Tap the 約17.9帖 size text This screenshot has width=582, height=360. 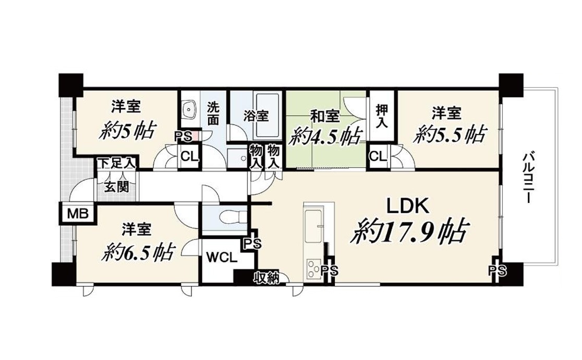pyautogui.click(x=409, y=232)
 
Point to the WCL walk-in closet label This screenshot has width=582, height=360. pyautogui.click(x=221, y=257)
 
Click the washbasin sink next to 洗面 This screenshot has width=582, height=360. pyautogui.click(x=190, y=109)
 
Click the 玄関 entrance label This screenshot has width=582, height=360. pyautogui.click(x=116, y=187)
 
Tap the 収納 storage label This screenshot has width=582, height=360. pyautogui.click(x=266, y=278)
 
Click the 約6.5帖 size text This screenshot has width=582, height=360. pyautogui.click(x=137, y=252)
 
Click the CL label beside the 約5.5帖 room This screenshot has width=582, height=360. pyautogui.click(x=378, y=157)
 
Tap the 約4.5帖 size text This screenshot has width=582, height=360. pyautogui.click(x=325, y=137)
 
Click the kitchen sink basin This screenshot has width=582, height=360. pyautogui.click(x=313, y=221)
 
